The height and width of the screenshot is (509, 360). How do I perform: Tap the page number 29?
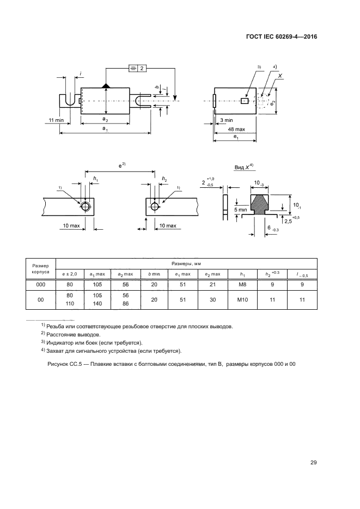(313, 463)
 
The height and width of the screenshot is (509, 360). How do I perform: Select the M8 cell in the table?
(243, 284)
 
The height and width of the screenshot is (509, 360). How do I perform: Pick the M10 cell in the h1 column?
(243, 299)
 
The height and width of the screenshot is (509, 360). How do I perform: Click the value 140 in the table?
(98, 304)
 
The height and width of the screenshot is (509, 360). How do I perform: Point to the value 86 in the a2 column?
(126, 304)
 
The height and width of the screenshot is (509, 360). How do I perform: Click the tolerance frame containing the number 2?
(138, 68)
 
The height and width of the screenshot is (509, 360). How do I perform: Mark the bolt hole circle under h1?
(86, 206)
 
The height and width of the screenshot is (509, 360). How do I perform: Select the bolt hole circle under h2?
(155, 206)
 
